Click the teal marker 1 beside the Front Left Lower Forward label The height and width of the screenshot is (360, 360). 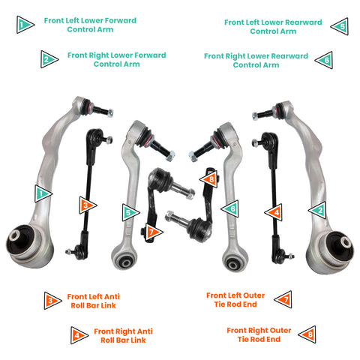[25, 25]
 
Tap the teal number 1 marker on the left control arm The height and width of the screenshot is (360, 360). [43, 193]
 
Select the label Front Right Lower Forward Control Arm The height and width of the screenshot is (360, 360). [116, 59]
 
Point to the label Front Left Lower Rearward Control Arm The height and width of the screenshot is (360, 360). [273, 27]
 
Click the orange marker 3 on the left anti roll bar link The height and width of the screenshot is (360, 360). [88, 205]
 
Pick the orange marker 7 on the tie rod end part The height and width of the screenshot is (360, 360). [154, 232]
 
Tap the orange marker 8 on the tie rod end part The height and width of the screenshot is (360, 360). [208, 178]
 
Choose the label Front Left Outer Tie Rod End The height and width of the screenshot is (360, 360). [235, 300]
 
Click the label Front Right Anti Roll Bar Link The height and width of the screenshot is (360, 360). [123, 335]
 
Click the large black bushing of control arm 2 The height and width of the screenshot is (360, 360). [340, 246]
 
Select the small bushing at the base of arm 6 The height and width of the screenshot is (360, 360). [235, 262]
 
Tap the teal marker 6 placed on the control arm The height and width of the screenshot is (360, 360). [230, 208]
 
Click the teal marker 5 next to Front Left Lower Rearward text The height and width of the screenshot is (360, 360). [340, 26]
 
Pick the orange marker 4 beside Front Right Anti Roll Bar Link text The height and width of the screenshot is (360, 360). [79, 335]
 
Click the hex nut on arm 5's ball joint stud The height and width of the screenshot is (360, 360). [170, 156]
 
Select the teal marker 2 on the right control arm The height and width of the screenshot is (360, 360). [317, 210]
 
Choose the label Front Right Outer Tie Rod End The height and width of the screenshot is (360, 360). [259, 334]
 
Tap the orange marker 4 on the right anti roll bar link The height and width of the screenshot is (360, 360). [274, 212]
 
